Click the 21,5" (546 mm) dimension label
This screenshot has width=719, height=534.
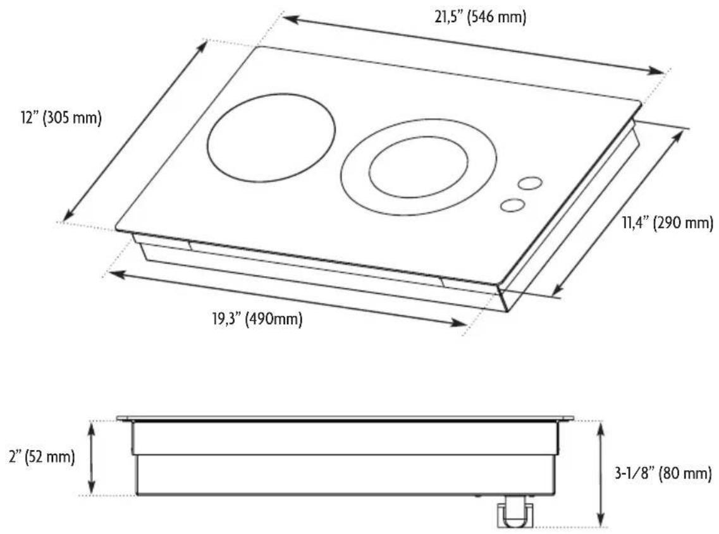click(480, 18)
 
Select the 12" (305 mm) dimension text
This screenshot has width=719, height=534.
click(61, 118)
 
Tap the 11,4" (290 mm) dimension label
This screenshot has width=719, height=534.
click(668, 223)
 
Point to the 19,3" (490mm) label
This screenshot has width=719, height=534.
click(257, 318)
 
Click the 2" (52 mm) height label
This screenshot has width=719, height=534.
click(42, 457)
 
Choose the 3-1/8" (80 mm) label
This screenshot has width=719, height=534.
click(663, 473)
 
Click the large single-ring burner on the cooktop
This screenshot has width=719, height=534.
click(271, 137)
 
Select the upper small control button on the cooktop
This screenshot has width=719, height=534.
click(531, 183)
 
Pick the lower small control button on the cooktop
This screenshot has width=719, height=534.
click(513, 205)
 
